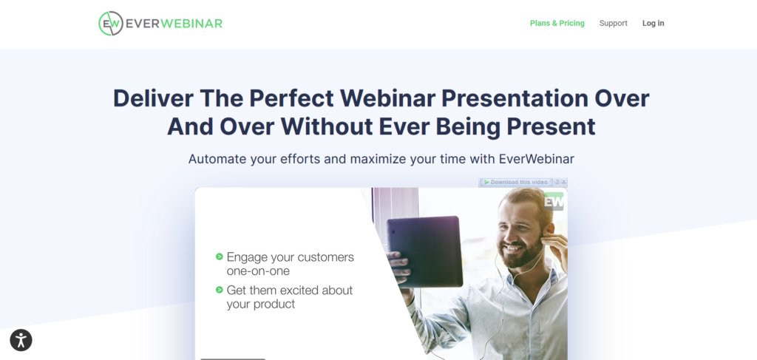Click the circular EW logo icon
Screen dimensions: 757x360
(x=111, y=23)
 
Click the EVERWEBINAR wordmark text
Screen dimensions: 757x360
(x=174, y=23)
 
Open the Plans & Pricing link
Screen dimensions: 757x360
(x=557, y=23)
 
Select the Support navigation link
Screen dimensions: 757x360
(x=613, y=23)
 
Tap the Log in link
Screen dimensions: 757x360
(x=654, y=23)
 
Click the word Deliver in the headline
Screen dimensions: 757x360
(x=153, y=98)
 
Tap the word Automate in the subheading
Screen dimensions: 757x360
(x=217, y=159)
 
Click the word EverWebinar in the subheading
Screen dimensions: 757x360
(x=537, y=159)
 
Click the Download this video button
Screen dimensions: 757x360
(x=515, y=182)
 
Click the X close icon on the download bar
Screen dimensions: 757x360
(x=564, y=182)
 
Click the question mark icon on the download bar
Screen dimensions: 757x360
(x=557, y=182)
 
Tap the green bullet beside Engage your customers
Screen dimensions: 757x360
(x=219, y=257)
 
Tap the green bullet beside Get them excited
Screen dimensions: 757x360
(x=219, y=290)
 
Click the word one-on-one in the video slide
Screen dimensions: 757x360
(x=258, y=271)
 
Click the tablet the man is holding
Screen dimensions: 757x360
(x=425, y=251)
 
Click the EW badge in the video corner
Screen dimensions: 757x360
(x=554, y=202)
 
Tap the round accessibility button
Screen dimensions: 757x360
(x=21, y=340)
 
